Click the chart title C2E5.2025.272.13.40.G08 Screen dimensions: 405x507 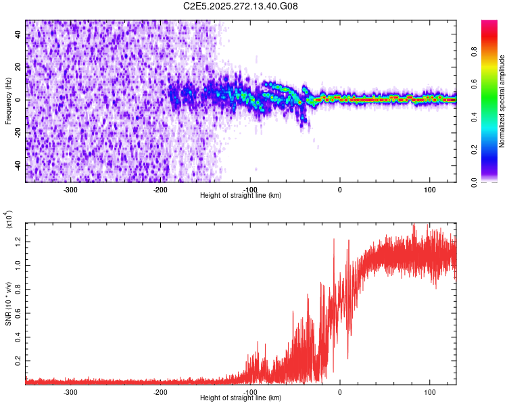[x=241, y=6]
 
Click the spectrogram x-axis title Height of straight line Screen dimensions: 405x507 [x=241, y=195]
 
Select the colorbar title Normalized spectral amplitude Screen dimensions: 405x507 [x=502, y=101]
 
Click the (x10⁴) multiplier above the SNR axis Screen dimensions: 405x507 [x=9, y=220]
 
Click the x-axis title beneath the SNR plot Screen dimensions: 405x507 [x=241, y=398]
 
